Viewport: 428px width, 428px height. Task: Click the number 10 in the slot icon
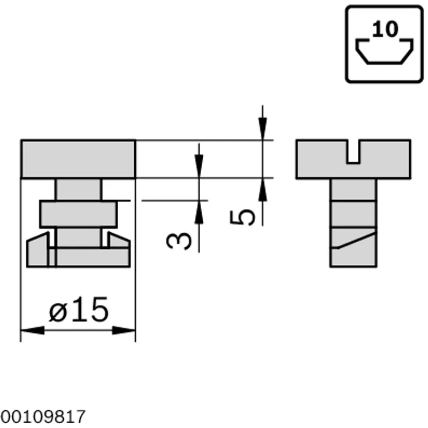point(385,29)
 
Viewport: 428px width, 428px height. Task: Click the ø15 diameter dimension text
point(79,310)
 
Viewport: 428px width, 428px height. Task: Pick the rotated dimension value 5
point(243,217)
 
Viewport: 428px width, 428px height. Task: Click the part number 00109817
point(43,417)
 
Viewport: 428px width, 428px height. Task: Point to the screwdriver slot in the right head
point(353,152)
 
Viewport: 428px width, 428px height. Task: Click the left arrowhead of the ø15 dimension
point(33,330)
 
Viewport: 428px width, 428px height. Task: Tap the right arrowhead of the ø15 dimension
point(124,330)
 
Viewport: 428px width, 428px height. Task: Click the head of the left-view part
point(78,159)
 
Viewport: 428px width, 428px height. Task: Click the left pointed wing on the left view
point(37,249)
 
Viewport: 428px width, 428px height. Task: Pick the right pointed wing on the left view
point(118,240)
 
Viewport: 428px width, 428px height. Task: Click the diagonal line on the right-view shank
point(357,240)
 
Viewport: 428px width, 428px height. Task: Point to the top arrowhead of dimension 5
point(263,128)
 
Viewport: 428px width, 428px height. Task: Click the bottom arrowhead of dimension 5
point(263,190)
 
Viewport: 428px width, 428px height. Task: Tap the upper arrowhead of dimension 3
point(199,166)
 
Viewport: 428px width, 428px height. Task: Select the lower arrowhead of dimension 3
point(199,212)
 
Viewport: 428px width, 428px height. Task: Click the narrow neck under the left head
point(78,189)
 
